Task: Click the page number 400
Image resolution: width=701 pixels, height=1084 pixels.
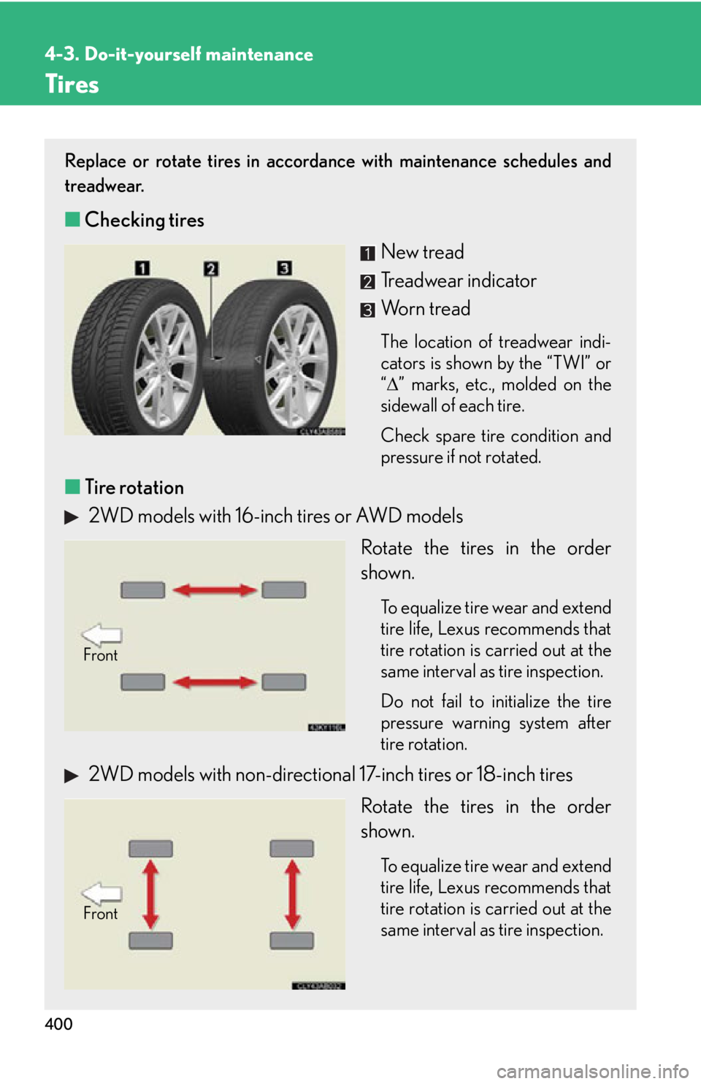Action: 58,1024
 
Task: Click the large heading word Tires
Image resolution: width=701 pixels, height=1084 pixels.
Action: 72,84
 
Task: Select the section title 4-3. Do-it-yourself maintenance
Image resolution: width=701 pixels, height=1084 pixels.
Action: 179,54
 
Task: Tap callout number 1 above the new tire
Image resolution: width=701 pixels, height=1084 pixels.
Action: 142,267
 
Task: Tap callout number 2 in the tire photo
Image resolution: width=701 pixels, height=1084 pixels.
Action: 211,269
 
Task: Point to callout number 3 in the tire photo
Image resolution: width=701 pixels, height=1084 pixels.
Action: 284,267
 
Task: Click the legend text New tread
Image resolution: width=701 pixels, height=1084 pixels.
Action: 422,252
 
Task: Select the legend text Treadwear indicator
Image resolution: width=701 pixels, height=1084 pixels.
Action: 459,280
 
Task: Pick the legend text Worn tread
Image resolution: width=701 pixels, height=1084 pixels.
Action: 426,309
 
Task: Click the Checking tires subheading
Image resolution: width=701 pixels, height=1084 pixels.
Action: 144,220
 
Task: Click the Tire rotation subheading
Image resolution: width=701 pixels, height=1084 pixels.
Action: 134,487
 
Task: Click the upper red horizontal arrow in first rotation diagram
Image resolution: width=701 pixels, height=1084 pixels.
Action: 214,590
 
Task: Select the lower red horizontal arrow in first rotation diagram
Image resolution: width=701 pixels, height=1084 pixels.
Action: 214,682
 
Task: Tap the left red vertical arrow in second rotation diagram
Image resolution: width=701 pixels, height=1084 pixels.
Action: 151,894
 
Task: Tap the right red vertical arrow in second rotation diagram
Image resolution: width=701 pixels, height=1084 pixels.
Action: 292,894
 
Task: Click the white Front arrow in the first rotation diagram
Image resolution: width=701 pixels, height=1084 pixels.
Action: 101,635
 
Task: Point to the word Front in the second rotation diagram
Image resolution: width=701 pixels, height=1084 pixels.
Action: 101,914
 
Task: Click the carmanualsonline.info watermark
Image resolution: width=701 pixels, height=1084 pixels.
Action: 593,1072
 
